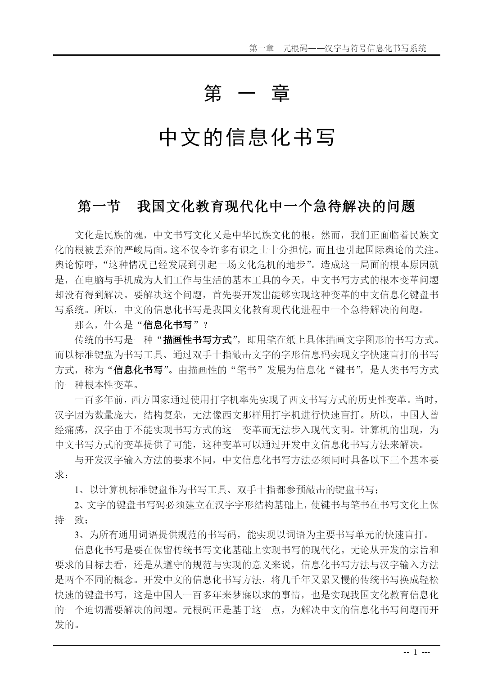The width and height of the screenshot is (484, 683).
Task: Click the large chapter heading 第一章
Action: coord(246,93)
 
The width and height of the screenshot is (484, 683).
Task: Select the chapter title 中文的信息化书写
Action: coord(247,138)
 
